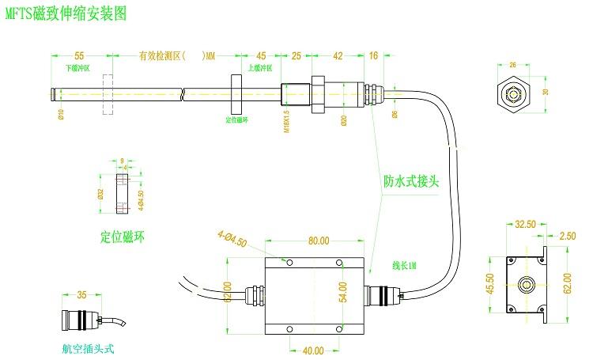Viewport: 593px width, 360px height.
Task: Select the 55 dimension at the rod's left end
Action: pyautogui.click(x=79, y=56)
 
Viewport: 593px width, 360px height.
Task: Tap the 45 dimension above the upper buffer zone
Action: pyautogui.click(x=261, y=56)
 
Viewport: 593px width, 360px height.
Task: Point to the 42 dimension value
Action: pyautogui.click(x=338, y=56)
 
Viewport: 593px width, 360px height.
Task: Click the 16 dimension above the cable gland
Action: pyautogui.click(x=373, y=56)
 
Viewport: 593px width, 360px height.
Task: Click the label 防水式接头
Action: pyautogui.click(x=410, y=180)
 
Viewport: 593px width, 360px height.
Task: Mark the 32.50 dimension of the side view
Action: pyautogui.click(x=525, y=224)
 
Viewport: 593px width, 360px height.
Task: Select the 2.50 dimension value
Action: pyautogui.click(x=566, y=235)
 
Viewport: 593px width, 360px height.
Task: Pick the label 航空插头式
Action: pyautogui.click(x=93, y=347)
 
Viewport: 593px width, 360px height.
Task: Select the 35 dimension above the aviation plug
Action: pyautogui.click(x=81, y=296)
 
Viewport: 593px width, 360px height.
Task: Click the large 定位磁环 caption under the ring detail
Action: pyautogui.click(x=123, y=237)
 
